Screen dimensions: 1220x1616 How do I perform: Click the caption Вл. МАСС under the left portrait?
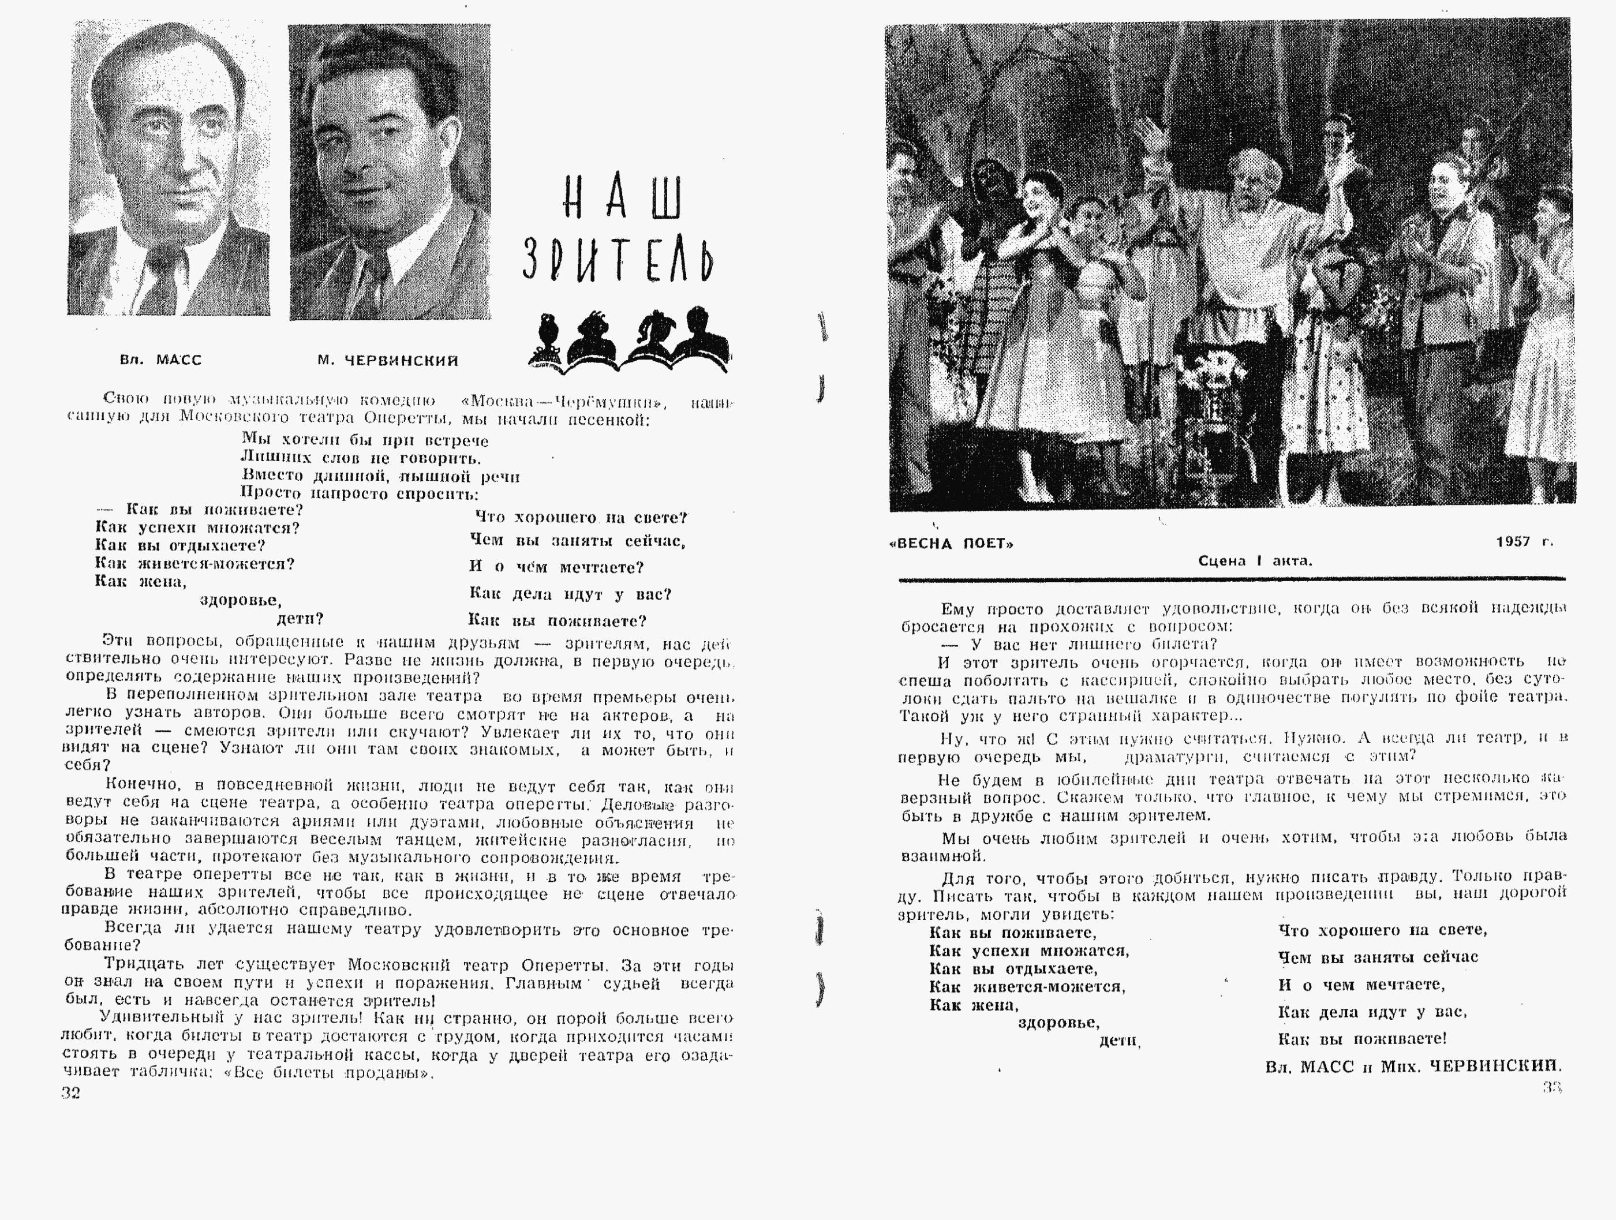pos(160,360)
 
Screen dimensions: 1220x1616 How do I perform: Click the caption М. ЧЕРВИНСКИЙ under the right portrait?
pos(388,360)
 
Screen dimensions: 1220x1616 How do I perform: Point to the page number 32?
pos(71,1093)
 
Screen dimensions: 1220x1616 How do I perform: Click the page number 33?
pos(1552,1087)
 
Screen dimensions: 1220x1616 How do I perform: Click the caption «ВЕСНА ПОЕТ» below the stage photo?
pos(952,544)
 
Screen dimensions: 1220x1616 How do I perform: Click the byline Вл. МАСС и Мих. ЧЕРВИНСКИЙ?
pos(1413,1066)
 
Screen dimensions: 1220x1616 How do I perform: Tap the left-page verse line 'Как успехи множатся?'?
pos(197,527)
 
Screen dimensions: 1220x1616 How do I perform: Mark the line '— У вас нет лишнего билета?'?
pos(1078,644)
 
